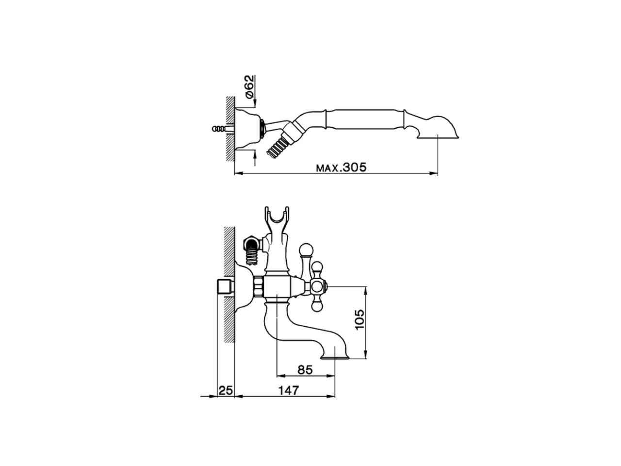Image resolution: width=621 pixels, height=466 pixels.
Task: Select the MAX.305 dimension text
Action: [342, 168]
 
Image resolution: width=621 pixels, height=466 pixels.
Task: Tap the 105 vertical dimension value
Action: [360, 320]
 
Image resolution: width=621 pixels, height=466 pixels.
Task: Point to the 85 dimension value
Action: [304, 370]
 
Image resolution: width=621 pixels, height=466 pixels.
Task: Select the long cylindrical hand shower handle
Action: [362, 119]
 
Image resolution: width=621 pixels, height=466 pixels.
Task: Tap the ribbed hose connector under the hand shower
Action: [278, 146]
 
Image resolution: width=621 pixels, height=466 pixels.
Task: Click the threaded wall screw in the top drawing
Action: [221, 129]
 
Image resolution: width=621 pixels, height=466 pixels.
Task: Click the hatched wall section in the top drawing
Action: [229, 129]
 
